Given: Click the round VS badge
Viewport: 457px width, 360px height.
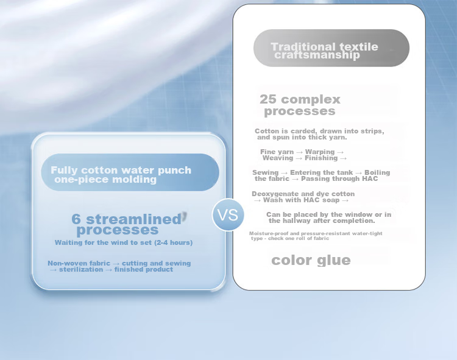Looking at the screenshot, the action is [x=228, y=215].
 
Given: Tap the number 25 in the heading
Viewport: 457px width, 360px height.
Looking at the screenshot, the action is [x=268, y=99].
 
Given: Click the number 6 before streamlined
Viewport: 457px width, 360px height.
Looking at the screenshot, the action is [x=76, y=219].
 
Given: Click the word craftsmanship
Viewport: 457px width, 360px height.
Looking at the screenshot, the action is [x=317, y=55].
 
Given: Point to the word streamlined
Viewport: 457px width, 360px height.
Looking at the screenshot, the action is [x=134, y=219].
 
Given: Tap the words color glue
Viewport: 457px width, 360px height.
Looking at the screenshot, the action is [x=311, y=260].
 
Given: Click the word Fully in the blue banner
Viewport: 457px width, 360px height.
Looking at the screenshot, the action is [x=64, y=171].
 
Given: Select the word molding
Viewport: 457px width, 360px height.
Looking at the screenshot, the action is [x=135, y=180].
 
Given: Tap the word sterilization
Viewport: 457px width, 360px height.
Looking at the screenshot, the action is [x=81, y=269].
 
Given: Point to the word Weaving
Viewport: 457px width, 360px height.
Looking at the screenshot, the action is [x=278, y=158].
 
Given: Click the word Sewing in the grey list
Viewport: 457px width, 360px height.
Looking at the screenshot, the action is [x=266, y=173].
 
